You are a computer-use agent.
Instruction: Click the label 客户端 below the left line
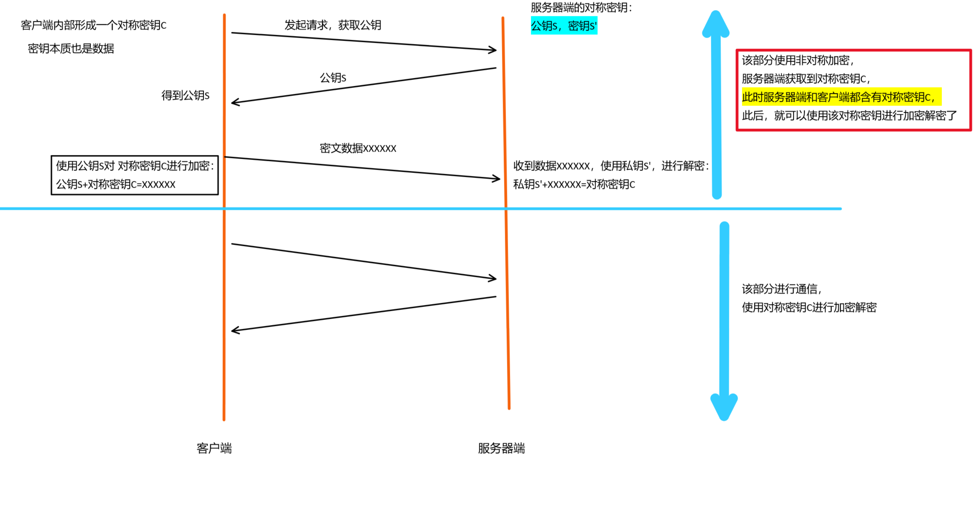pyautogui.click(x=214, y=449)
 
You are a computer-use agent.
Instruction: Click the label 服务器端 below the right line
pyautogui.click(x=501, y=449)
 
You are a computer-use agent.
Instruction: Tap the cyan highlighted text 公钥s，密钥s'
pyautogui.click(x=564, y=26)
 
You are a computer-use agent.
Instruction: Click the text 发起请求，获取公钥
pyautogui.click(x=333, y=25)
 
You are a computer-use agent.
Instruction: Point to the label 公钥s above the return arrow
pyautogui.click(x=333, y=78)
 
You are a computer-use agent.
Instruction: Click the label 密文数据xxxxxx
pyautogui.click(x=358, y=148)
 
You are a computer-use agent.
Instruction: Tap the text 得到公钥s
pyautogui.click(x=186, y=95)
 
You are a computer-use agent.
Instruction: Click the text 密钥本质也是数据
pyautogui.click(x=71, y=49)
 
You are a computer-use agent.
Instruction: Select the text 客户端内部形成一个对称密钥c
pyautogui.click(x=93, y=25)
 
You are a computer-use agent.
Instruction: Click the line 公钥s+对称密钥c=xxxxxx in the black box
pyautogui.click(x=116, y=184)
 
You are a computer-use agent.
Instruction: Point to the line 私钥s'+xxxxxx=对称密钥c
pyautogui.click(x=574, y=184)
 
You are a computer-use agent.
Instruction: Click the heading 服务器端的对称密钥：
pyautogui.click(x=581, y=8)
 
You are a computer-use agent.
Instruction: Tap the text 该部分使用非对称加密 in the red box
pyautogui.click(x=797, y=60)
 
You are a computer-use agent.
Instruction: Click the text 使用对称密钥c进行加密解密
pyautogui.click(x=809, y=307)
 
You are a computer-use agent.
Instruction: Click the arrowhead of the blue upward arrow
pyautogui.click(x=716, y=23)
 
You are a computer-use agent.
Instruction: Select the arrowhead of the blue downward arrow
pyautogui.click(x=724, y=406)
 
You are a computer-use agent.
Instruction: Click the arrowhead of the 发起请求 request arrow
pyautogui.click(x=493, y=50)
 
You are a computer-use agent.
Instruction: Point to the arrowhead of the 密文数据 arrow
pyautogui.click(x=496, y=179)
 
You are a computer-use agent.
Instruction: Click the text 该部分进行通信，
pyautogui.click(x=782, y=289)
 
